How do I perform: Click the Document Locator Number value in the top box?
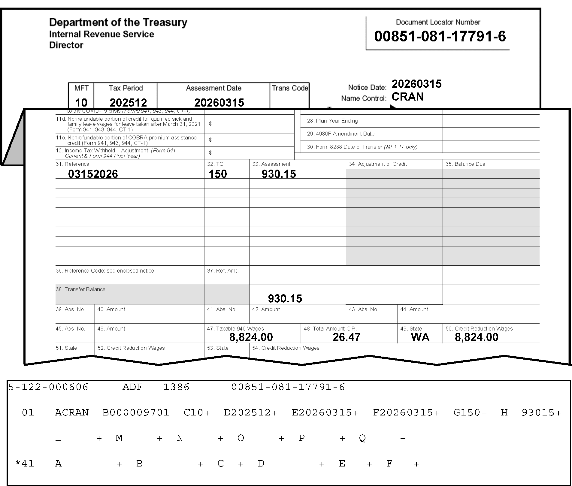coord(440,36)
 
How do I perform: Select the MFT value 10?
coord(81,103)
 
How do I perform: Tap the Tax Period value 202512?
coord(128,103)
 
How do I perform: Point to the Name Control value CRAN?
coord(407,97)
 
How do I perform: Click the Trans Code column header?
coord(290,88)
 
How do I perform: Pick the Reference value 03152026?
coord(93,174)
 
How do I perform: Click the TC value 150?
coord(218,174)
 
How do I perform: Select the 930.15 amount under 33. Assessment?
coord(279,174)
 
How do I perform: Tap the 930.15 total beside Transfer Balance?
coord(285,298)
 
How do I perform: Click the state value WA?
coord(420,337)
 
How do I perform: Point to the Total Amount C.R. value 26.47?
coord(346,337)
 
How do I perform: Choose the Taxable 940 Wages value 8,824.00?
coord(251,337)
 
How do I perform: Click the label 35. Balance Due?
coord(465,164)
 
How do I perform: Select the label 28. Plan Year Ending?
coord(332,121)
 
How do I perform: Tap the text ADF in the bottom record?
coord(132,387)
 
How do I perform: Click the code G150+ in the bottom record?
coord(470,412)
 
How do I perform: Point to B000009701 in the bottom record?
coord(136,412)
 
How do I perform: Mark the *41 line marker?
coord(25,464)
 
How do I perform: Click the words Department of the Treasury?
coord(118,22)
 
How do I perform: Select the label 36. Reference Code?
coord(105,271)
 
